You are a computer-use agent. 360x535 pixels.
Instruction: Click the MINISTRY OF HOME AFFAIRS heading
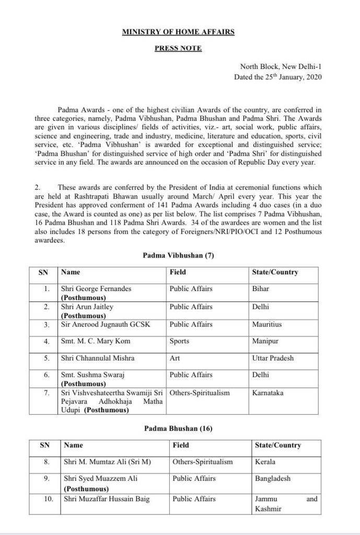(178, 32)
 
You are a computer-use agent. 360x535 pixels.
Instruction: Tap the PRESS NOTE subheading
(178, 49)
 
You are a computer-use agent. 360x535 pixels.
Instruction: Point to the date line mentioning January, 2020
(278, 77)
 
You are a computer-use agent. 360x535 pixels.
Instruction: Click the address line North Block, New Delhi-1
(281, 67)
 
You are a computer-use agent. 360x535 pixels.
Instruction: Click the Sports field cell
(180, 342)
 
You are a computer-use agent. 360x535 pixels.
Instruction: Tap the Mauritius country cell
(267, 324)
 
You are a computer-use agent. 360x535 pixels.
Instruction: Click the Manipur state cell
(265, 342)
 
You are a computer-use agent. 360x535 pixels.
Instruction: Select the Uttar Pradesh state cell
(273, 358)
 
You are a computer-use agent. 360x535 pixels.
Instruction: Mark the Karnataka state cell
(268, 393)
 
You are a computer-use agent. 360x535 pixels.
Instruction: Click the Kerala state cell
(265, 462)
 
